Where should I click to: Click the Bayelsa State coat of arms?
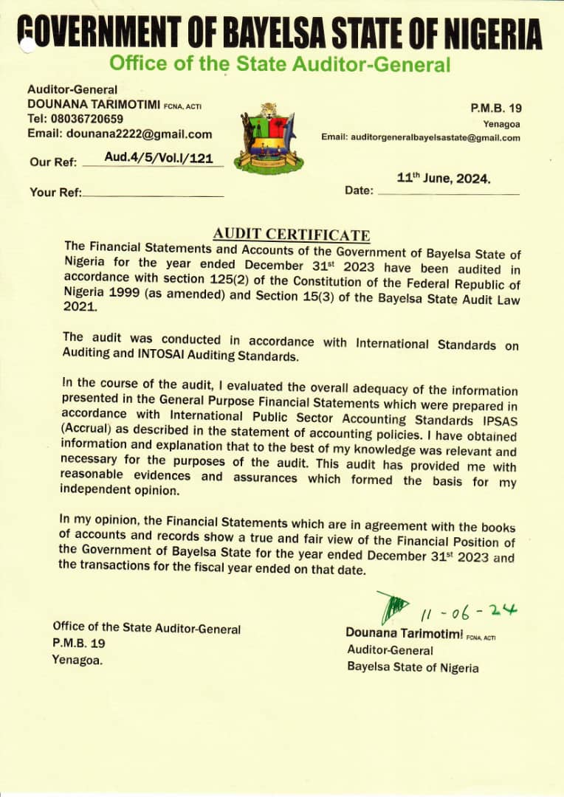(x=269, y=138)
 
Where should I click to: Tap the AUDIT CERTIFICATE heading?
(x=292, y=235)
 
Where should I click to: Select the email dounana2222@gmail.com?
(x=139, y=134)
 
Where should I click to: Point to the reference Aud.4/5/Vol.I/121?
(x=154, y=157)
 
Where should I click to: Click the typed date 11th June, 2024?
(x=444, y=178)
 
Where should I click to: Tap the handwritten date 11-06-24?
(x=470, y=612)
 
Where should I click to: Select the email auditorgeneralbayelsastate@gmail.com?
(x=421, y=137)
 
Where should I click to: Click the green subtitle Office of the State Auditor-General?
(x=279, y=64)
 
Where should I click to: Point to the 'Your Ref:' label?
(x=56, y=193)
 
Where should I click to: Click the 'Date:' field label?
(x=359, y=191)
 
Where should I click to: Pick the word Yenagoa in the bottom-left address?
(x=77, y=660)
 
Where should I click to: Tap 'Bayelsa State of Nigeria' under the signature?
(x=413, y=667)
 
